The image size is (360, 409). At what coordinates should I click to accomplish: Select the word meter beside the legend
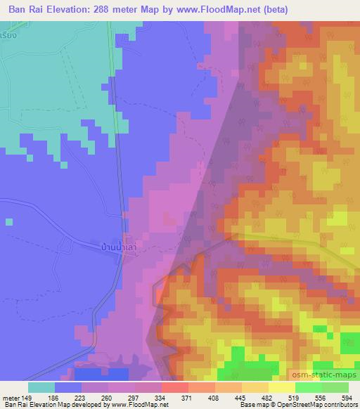[11, 397]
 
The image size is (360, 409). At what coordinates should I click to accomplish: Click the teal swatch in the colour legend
[41, 387]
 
